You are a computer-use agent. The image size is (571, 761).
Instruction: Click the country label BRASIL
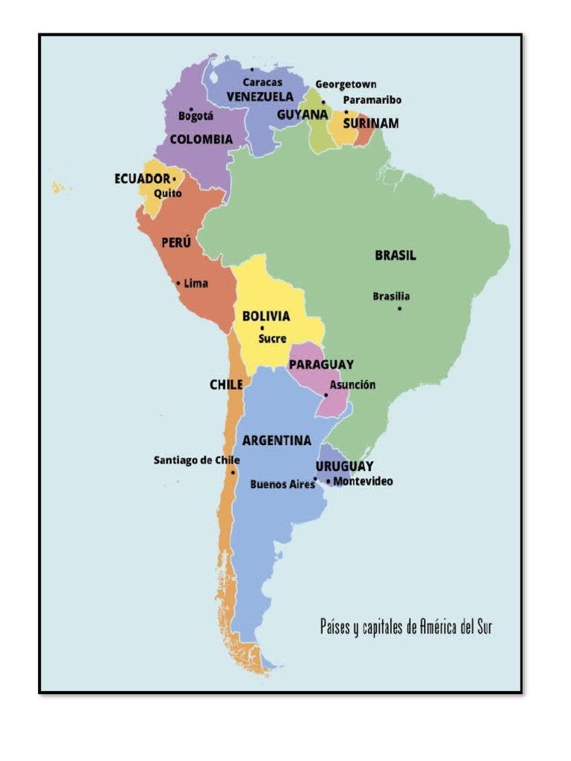395,256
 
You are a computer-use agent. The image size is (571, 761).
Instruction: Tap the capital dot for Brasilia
399,308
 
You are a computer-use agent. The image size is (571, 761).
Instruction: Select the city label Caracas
262,82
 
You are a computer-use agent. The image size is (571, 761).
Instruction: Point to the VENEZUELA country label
259,97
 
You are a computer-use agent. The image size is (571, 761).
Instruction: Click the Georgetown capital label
346,85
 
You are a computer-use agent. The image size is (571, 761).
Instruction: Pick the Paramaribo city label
372,100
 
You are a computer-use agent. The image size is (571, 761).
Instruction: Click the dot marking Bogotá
192,109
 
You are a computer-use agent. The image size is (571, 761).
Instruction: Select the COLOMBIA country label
201,140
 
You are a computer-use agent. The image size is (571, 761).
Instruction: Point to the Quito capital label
167,193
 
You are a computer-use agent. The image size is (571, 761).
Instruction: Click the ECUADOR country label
142,179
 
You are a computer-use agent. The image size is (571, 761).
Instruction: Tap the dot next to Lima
178,283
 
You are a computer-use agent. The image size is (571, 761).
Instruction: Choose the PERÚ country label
176,242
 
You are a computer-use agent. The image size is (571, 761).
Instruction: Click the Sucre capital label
272,339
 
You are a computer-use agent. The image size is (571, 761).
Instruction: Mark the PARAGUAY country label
321,365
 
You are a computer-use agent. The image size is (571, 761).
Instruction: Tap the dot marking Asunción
326,395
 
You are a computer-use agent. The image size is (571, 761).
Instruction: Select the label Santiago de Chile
196,461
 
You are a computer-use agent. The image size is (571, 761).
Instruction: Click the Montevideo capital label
363,482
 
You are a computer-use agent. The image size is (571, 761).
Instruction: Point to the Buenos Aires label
282,485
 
